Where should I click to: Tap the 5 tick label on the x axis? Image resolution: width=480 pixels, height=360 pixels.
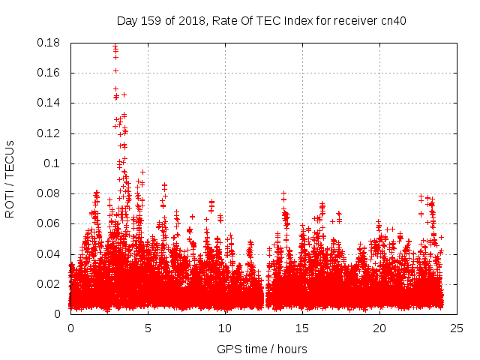(148, 328)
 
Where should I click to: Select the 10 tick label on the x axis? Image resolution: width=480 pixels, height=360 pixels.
(225, 328)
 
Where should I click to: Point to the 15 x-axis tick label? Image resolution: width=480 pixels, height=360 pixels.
(302, 328)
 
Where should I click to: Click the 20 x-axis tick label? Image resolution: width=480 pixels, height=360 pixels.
(379, 328)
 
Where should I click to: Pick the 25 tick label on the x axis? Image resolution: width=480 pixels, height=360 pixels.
(457, 328)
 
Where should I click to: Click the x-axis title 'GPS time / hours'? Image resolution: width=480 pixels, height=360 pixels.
(263, 349)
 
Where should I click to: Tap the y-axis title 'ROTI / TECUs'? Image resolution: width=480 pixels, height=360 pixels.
(10, 178)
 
